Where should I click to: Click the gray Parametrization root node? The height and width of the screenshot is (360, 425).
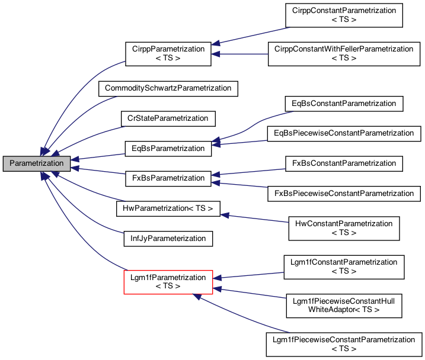[x=37, y=163]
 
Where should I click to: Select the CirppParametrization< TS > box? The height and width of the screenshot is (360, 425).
[x=168, y=53]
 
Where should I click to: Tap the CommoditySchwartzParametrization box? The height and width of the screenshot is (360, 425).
[x=168, y=88]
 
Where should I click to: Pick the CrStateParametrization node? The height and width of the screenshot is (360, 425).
[x=168, y=118]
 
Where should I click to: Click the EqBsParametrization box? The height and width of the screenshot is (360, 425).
[x=168, y=148]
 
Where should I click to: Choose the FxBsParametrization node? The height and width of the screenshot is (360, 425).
[x=168, y=178]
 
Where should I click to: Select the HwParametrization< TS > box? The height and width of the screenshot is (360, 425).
[x=168, y=208]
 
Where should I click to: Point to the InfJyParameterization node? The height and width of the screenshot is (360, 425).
[x=168, y=239]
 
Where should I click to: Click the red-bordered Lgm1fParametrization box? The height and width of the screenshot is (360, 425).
[x=168, y=282]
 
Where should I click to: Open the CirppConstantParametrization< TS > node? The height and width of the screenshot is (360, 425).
[x=344, y=15]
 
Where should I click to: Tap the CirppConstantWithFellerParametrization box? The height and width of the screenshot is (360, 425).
[x=344, y=53]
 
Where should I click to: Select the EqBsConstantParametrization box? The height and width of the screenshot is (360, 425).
[x=344, y=104]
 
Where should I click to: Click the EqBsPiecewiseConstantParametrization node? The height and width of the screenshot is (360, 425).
[x=344, y=133]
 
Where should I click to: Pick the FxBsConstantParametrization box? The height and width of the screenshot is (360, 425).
[x=344, y=162]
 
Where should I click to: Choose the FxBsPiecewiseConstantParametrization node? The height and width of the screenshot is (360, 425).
[x=344, y=193]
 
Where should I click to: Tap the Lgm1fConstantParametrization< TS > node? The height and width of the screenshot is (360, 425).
[x=344, y=266]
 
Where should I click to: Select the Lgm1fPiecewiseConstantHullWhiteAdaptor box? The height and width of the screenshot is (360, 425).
[x=344, y=304]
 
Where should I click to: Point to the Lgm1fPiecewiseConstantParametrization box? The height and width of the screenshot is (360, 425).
[x=344, y=344]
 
